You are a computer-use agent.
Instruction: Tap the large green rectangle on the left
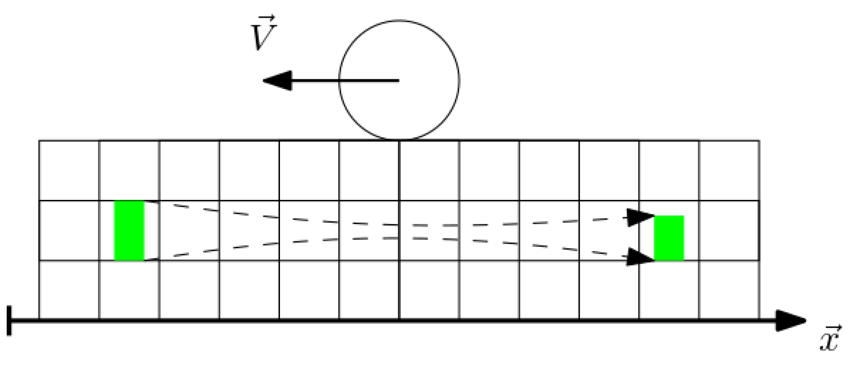pyautogui.click(x=129, y=231)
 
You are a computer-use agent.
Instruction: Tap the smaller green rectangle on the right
pyautogui.click(x=669, y=238)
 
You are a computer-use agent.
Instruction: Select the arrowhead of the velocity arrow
pyautogui.click(x=277, y=81)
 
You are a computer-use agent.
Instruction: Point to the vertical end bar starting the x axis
pyautogui.click(x=9, y=321)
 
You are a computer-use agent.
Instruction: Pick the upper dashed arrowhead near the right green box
pyautogui.click(x=640, y=217)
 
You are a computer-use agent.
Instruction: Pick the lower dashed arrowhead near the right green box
pyautogui.click(x=640, y=257)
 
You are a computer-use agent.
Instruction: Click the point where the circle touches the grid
pyautogui.click(x=399, y=140)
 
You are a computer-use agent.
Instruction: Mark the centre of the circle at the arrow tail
pyautogui.click(x=399, y=81)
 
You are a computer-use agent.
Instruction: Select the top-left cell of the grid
pyautogui.click(x=69, y=170)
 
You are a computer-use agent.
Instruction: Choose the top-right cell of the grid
pyautogui.click(x=729, y=170)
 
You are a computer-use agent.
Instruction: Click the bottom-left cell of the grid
pyautogui.click(x=69, y=290)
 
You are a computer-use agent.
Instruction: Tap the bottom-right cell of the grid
pyautogui.click(x=729, y=290)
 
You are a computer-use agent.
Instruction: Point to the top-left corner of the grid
pyautogui.click(x=39, y=140)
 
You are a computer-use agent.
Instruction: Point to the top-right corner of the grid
pyautogui.click(x=759, y=140)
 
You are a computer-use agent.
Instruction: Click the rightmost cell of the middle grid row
pyautogui.click(x=729, y=231)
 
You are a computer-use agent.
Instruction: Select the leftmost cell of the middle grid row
pyautogui.click(x=69, y=231)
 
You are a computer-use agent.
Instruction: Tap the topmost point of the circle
pyautogui.click(x=399, y=20)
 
